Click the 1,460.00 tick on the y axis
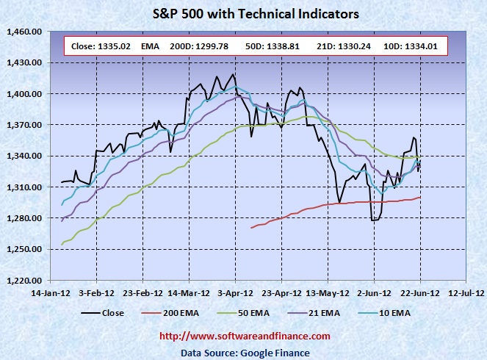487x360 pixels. coord(24,32)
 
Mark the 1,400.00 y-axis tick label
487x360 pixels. coord(24,94)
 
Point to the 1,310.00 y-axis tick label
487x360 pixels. coord(24,187)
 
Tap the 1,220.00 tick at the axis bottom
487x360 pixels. coord(24,281)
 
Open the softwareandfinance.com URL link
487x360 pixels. coord(245,336)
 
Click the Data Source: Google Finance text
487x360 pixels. coord(245,353)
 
